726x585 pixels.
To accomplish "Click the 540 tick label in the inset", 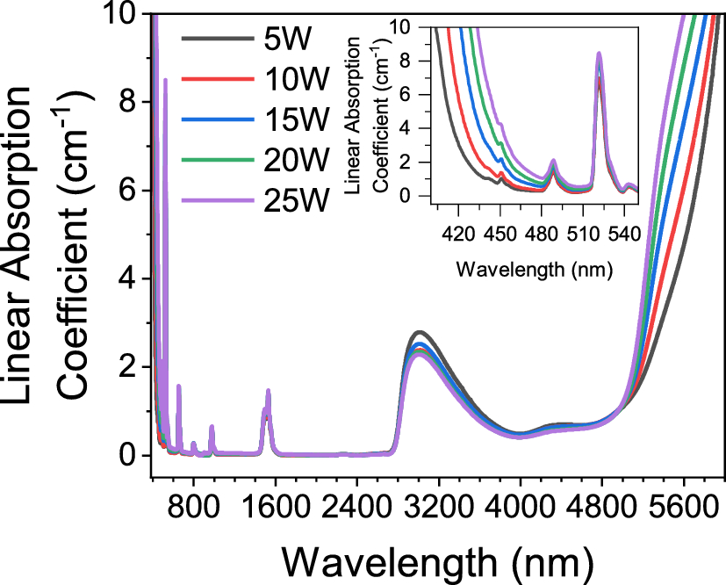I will click(x=623, y=235).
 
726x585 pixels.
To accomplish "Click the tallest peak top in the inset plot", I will click(x=599, y=54).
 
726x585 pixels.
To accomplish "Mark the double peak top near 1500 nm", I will click(x=268, y=391).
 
